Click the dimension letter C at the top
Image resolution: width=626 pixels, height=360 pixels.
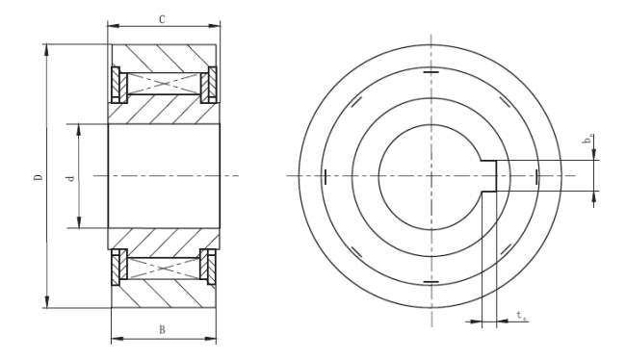162,19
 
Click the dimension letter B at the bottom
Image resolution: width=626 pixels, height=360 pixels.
162,329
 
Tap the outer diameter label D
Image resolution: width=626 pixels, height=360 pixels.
38,176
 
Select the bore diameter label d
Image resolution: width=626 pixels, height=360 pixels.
70,178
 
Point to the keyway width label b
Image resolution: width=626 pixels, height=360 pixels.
588,139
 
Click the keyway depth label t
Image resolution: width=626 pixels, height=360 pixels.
521,316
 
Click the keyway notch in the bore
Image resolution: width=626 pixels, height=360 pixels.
488,176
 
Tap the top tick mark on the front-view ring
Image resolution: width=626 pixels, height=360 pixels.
430,72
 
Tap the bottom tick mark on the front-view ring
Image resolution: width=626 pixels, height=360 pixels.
430,282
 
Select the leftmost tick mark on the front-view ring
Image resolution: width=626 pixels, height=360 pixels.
326,177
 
